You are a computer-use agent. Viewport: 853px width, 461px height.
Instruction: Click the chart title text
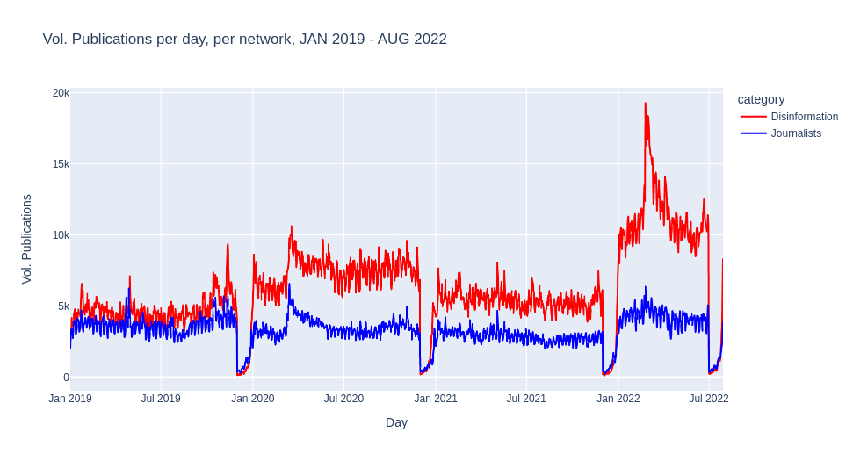tap(244, 40)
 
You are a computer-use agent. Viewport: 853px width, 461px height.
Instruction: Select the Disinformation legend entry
tap(804, 117)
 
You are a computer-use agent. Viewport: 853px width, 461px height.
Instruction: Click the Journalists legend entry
tap(796, 133)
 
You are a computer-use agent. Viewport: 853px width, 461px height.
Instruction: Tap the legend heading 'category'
tap(761, 99)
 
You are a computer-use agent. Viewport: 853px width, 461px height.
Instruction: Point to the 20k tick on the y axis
tap(61, 93)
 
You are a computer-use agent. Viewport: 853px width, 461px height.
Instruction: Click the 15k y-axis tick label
tap(61, 164)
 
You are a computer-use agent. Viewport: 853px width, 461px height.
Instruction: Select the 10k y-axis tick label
tap(61, 235)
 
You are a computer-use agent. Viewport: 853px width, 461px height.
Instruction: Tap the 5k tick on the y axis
tap(63, 306)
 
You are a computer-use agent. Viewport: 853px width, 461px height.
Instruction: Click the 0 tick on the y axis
tap(66, 378)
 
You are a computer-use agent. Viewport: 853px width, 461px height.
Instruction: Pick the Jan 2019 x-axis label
tap(70, 399)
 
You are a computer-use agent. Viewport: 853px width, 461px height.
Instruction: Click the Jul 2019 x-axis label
tap(161, 399)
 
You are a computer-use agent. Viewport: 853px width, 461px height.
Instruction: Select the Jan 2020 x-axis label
tap(253, 399)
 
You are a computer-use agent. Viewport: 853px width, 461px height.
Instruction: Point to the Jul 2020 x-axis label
tap(343, 399)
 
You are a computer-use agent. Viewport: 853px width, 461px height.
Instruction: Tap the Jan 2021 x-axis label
tap(436, 399)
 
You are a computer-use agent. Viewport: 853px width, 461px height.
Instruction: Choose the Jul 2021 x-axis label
tap(526, 399)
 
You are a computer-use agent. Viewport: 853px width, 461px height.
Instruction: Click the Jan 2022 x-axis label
tap(618, 399)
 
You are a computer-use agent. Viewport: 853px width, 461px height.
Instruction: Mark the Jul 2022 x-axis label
tap(709, 399)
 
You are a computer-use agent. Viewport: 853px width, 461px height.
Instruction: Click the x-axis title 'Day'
tap(396, 422)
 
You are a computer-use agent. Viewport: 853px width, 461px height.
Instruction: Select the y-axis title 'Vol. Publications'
tap(26, 239)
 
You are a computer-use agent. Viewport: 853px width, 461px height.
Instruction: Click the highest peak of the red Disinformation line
tap(646, 104)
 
